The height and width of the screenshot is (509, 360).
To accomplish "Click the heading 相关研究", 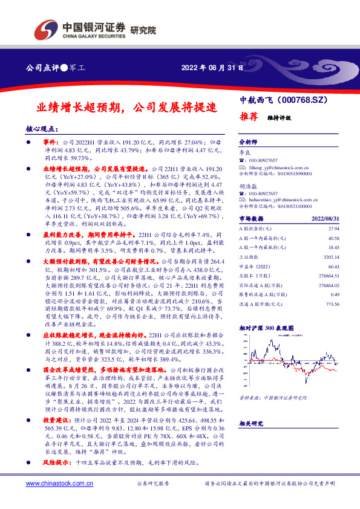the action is [252, 424].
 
